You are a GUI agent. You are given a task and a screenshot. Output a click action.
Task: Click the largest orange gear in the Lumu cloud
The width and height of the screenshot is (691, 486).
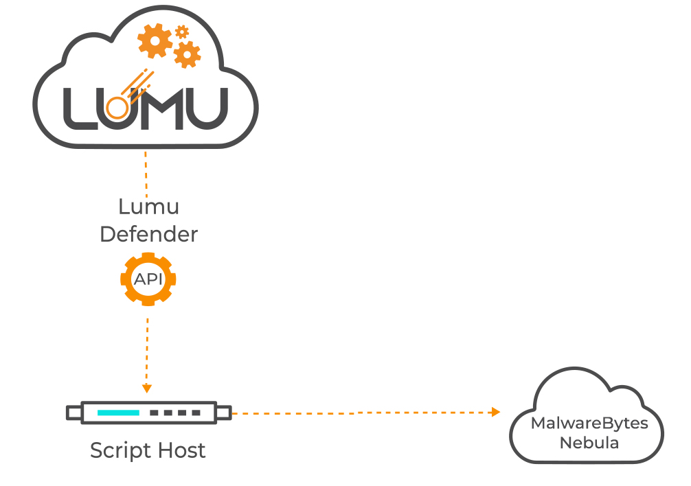155,41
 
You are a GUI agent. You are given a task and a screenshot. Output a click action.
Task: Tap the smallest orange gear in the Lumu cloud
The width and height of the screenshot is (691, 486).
182,31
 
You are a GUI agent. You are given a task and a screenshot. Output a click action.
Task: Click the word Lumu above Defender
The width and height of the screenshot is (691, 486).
148,207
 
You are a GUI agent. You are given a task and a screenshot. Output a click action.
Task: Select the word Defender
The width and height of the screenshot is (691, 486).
148,234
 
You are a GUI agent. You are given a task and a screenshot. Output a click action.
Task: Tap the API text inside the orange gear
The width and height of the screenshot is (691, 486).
148,280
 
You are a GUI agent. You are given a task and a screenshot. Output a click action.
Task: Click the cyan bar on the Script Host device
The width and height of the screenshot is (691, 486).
118,413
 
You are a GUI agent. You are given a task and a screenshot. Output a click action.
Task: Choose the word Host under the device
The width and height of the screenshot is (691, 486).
180,450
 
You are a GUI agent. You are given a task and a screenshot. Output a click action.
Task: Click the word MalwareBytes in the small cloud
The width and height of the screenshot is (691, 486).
589,423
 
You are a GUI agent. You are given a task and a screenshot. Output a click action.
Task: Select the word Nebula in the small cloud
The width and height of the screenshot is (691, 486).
589,443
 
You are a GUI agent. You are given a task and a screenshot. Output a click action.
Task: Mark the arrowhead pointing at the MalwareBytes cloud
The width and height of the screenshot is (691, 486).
496,413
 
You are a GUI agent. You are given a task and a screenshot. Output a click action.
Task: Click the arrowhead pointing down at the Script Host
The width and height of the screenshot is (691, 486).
146,389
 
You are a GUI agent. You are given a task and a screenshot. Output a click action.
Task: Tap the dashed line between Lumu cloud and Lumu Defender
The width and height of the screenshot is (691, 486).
146,172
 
